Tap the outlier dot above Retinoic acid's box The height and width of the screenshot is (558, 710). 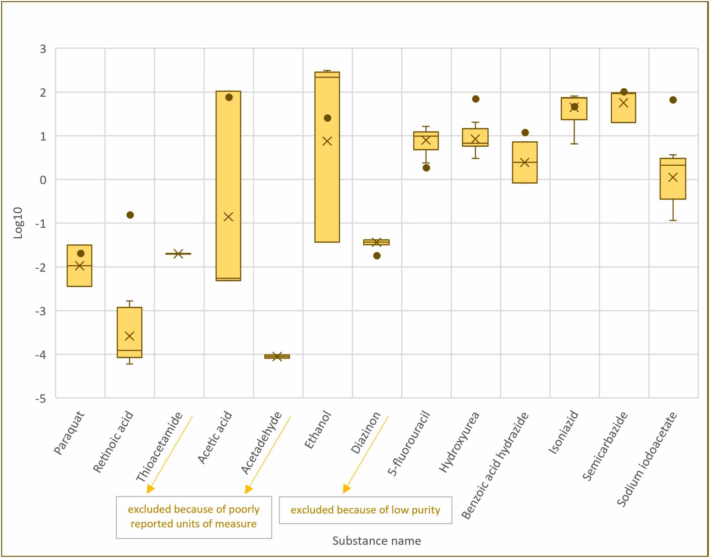(x=130, y=215)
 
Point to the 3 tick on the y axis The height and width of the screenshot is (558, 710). (x=43, y=49)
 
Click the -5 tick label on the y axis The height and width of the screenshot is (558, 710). (x=41, y=399)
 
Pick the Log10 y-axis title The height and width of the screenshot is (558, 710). (x=18, y=223)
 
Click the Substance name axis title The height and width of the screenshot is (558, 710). (x=376, y=541)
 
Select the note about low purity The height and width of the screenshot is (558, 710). (x=365, y=510)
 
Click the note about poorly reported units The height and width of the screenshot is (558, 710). (x=194, y=517)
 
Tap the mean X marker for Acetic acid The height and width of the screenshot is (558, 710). (x=228, y=217)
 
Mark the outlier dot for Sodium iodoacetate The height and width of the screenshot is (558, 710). (x=673, y=100)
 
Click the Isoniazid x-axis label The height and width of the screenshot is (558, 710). (x=564, y=433)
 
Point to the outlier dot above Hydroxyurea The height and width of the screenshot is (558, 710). (x=476, y=99)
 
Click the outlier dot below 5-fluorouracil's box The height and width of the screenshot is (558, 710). (x=426, y=168)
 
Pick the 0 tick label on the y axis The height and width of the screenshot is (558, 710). (x=43, y=180)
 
